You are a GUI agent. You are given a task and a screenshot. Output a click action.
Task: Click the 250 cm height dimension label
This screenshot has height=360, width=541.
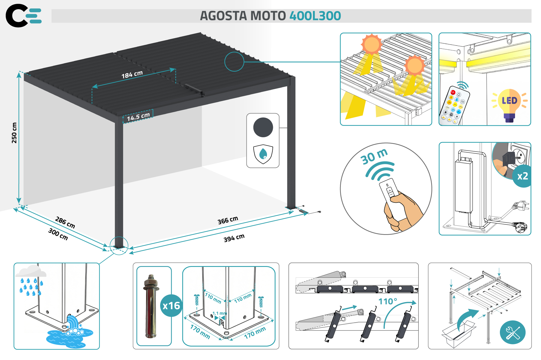point(14,133)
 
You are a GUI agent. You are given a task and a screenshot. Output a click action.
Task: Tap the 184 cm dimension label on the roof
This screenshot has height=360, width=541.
point(132,74)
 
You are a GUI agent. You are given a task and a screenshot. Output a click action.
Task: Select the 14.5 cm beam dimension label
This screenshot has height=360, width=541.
point(138,117)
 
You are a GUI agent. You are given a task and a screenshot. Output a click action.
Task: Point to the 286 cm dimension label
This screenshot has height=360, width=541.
point(65,222)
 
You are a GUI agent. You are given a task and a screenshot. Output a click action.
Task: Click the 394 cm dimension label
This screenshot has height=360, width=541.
point(234,238)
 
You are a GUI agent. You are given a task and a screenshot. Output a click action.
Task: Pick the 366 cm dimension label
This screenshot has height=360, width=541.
point(228,220)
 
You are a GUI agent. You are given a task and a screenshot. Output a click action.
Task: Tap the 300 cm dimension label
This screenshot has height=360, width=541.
point(58,234)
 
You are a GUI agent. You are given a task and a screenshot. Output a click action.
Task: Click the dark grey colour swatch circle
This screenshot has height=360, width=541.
point(263,127)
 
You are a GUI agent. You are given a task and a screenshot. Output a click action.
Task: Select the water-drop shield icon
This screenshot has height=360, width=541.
point(263,154)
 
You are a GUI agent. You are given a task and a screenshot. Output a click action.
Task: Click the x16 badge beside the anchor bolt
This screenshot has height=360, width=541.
point(171,306)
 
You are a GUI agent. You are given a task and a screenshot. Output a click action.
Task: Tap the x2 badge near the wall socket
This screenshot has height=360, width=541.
point(522,176)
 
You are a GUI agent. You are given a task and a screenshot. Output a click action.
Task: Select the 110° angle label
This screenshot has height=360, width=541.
point(388,301)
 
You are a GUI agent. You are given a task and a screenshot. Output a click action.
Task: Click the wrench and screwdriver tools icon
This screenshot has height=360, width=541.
point(513,332)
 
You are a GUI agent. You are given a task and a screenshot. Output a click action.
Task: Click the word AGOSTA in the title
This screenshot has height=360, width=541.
point(223,16)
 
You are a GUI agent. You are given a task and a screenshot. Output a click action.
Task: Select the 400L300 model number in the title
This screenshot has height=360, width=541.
point(315,16)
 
